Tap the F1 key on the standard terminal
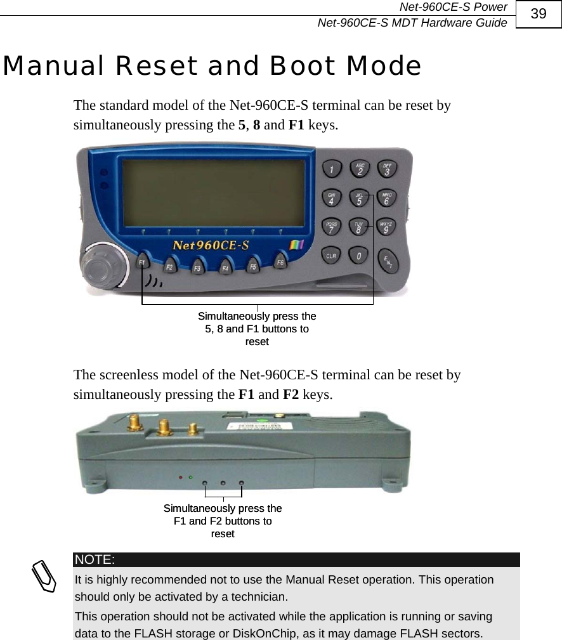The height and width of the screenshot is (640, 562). (143, 262)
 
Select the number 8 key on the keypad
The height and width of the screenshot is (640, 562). (360, 228)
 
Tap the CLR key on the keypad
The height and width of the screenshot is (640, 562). (332, 256)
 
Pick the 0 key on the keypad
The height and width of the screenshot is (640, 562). (360, 256)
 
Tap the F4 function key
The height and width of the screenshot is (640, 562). (225, 268)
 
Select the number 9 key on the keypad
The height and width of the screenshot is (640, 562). (386, 228)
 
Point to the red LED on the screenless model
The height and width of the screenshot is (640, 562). (181, 476)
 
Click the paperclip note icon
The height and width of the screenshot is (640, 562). (46, 575)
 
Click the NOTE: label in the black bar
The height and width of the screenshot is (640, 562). (94, 559)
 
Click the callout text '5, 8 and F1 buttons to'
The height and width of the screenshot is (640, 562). (257, 329)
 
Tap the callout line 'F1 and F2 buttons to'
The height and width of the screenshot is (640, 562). (223, 521)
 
